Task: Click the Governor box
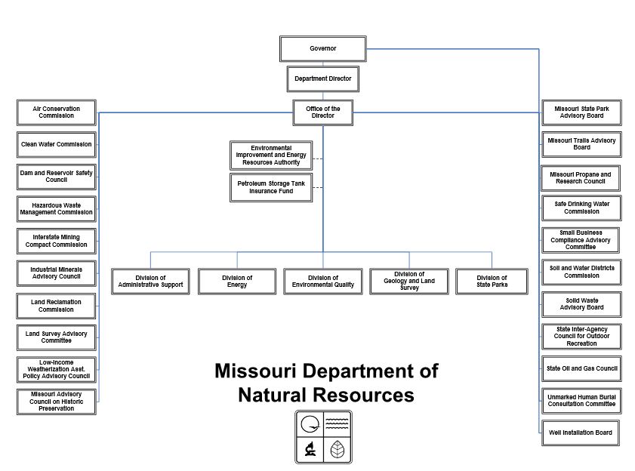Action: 322,49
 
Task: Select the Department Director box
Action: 322,78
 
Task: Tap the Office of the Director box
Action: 322,112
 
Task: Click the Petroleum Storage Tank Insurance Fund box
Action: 270,187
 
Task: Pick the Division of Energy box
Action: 236,281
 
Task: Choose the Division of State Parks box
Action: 492,281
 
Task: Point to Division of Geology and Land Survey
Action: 408,281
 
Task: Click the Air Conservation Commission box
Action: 57,112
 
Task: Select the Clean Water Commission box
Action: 57,144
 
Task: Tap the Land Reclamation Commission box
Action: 57,306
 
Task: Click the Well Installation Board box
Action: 581,433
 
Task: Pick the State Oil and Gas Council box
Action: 581,368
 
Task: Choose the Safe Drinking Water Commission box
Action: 581,207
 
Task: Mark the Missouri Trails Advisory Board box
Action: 581,143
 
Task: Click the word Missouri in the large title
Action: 251,371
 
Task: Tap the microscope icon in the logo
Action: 310,450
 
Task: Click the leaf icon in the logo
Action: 337,450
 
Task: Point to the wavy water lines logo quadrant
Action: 337,424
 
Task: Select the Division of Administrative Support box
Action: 151,281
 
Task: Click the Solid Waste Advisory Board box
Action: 581,303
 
